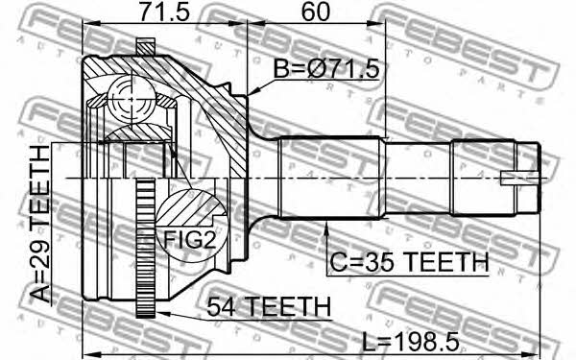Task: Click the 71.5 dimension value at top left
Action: point(164,12)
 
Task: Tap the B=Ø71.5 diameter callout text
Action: point(326,69)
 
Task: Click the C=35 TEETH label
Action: point(409,262)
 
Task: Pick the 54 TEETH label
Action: point(269,307)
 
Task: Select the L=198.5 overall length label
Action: point(411,342)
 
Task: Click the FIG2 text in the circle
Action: point(189,239)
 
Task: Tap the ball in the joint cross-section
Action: point(132,99)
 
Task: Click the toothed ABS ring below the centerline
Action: point(146,249)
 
